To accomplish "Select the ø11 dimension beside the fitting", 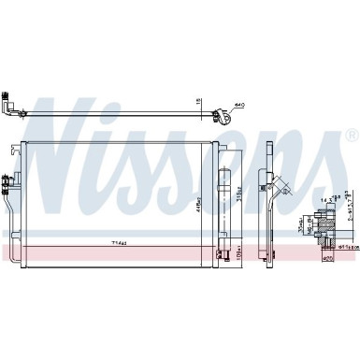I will [x=345, y=246].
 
